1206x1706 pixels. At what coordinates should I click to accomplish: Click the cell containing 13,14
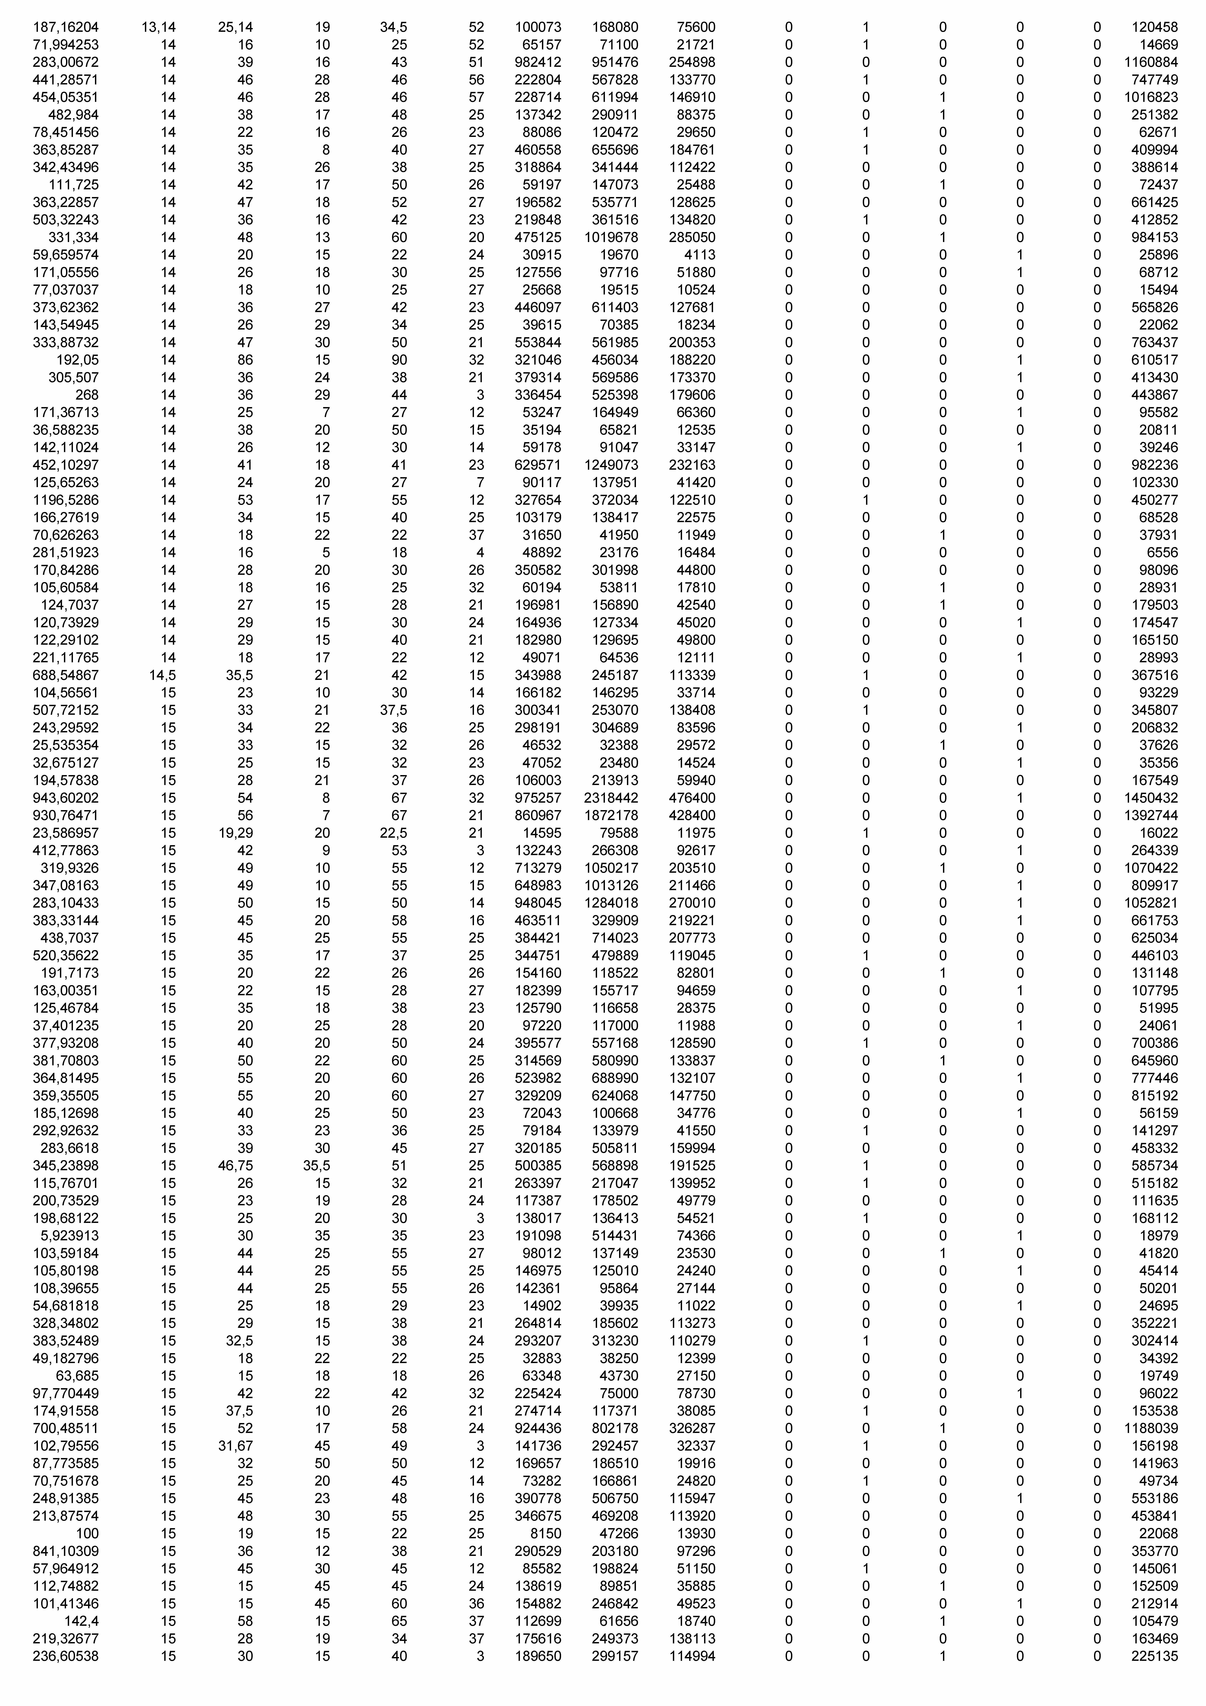click(158, 28)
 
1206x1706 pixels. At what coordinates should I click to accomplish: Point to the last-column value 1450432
click(1150, 798)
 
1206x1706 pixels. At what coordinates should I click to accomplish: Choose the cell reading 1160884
click(1150, 62)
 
